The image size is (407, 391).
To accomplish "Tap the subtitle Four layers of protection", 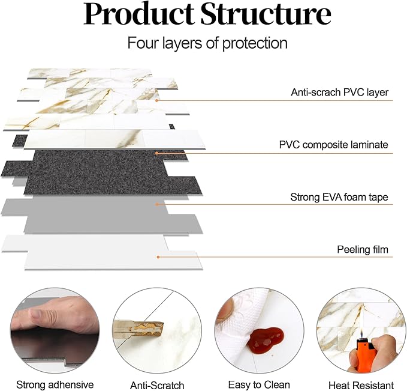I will pos(207,43).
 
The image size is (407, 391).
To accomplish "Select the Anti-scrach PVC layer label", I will pos(339,92).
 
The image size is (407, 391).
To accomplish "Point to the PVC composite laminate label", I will pos(333,145).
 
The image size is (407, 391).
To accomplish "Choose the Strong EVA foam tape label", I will pos(339,196).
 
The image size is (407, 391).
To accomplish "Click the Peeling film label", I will pos(362,249).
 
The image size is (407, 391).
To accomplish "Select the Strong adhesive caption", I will pos(55,384).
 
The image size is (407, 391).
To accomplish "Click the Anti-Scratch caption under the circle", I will pos(157,385).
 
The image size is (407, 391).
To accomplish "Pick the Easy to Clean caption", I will pos(259,384).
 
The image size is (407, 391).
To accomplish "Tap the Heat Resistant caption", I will pos(361,385).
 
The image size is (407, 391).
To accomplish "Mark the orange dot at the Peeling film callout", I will pos(158,257).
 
